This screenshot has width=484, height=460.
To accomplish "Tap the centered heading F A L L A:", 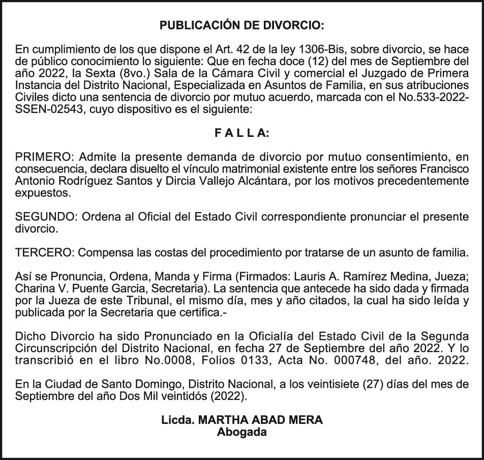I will (x=241, y=133).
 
